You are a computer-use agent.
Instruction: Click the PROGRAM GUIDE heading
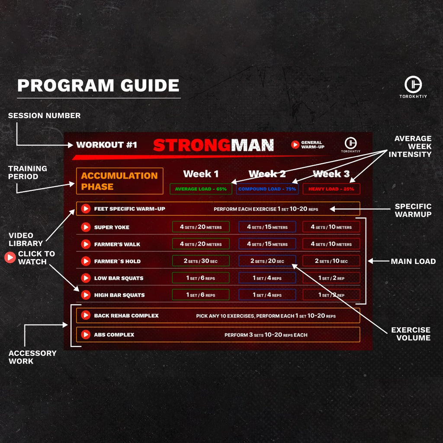(x=98, y=85)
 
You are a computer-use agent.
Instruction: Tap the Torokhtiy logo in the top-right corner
(x=413, y=85)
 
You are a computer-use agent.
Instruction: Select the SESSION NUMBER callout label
(x=44, y=116)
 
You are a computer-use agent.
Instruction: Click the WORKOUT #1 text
(x=106, y=145)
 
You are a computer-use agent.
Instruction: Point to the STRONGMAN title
(x=213, y=145)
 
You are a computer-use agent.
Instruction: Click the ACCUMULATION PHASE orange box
(x=119, y=181)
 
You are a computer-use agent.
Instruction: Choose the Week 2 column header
(x=267, y=174)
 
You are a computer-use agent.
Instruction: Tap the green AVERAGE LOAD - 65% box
(x=201, y=189)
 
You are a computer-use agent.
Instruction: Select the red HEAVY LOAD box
(x=331, y=189)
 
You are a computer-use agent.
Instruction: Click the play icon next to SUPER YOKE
(x=86, y=227)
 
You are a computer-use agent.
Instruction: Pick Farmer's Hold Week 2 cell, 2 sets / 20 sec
(x=267, y=261)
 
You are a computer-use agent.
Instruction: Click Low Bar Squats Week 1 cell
(x=201, y=278)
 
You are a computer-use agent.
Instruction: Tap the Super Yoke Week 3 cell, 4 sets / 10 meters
(x=331, y=227)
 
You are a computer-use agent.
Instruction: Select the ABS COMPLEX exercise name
(x=114, y=335)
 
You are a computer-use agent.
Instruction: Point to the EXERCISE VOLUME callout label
(x=411, y=334)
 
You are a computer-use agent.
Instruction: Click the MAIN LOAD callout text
(x=413, y=261)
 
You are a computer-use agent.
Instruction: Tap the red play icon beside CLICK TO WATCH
(x=10, y=258)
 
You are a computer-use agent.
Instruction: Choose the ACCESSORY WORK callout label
(x=32, y=357)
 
